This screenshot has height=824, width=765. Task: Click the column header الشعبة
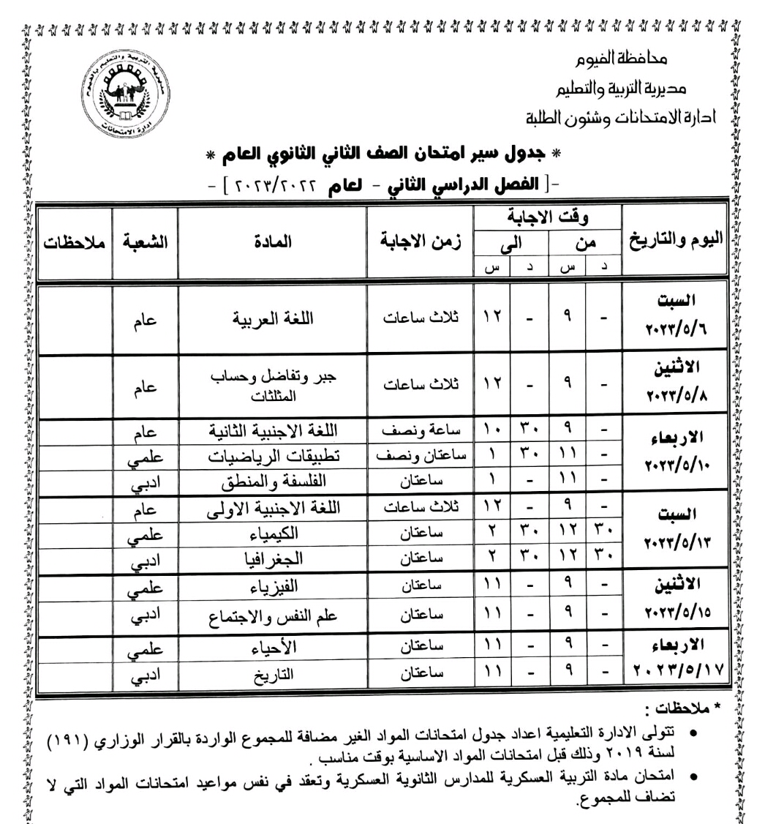(145, 243)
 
